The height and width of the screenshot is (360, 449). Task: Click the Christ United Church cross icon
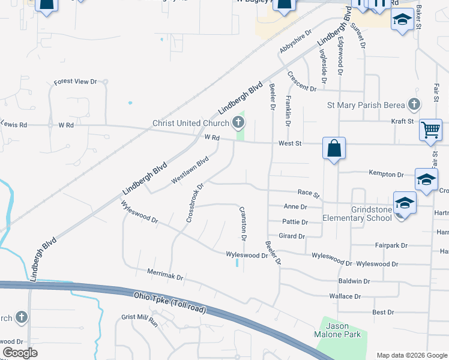coord(238,124)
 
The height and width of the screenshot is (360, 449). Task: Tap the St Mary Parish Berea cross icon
coord(414,105)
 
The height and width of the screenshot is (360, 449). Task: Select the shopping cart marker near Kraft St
coord(430,130)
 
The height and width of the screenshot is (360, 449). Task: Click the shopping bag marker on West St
coord(334,148)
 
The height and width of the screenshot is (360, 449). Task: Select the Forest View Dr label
coord(75,82)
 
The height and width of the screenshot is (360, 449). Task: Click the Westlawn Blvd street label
coord(190,170)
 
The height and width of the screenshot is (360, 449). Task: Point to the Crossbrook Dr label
coord(195,202)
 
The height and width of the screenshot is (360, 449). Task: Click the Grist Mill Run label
coord(139,321)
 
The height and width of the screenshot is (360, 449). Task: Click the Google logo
coord(20,353)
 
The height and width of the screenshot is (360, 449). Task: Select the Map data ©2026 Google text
coord(411,355)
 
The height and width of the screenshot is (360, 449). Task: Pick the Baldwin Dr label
coord(354,281)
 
